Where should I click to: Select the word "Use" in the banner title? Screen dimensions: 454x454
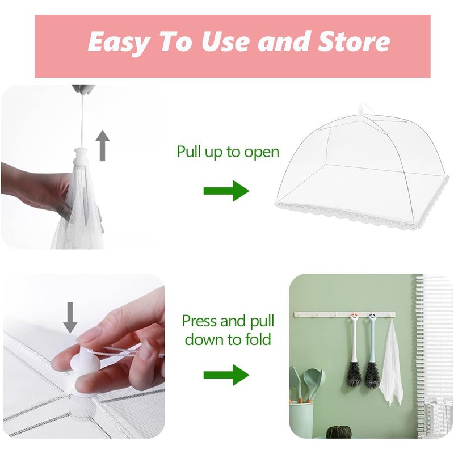point(230,42)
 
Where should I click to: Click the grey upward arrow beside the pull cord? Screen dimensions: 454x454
point(102,145)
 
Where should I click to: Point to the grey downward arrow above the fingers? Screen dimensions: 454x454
point(70,317)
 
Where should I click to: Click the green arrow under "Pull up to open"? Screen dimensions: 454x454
point(226,191)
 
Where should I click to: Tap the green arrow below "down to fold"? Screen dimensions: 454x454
point(226,375)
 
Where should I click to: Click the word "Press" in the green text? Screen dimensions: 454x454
point(200,321)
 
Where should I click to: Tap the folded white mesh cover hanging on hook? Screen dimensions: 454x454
point(391,363)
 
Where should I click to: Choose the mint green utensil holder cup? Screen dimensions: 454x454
point(302,420)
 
